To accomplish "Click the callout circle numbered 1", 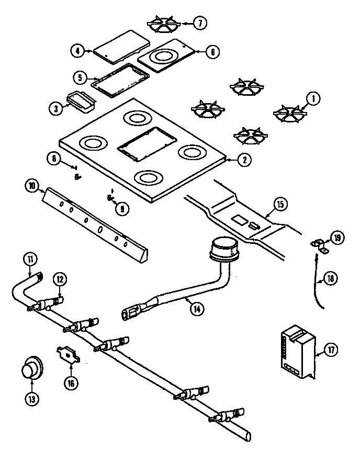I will click(x=313, y=97).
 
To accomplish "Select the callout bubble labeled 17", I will click(x=330, y=350).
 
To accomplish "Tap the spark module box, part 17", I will click(x=297, y=351).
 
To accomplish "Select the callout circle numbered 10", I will click(x=31, y=185).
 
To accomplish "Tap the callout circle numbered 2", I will click(x=243, y=161).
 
